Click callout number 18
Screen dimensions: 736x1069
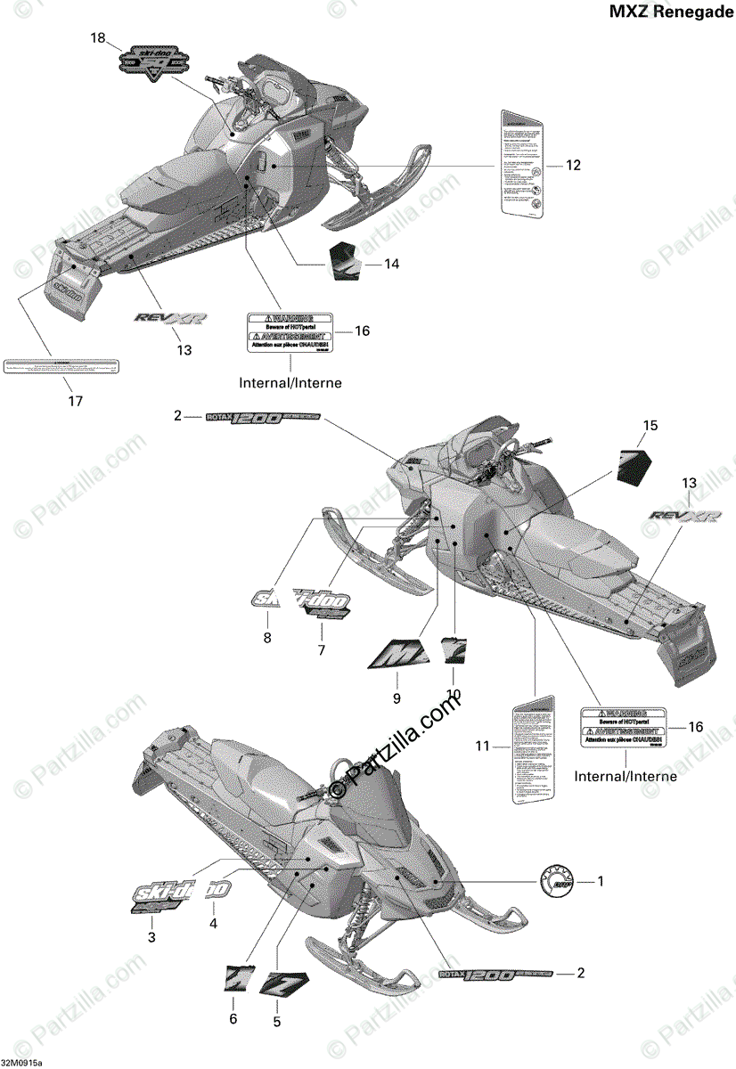point(97,37)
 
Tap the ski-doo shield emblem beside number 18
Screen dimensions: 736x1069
point(156,61)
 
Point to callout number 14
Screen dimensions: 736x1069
point(391,264)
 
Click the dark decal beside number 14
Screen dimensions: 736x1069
point(345,258)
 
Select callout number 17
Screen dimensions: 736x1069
point(75,402)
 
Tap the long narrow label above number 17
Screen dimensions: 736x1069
point(61,366)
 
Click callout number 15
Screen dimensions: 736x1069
point(650,426)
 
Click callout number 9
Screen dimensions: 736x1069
point(397,698)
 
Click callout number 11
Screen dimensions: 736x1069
point(482,747)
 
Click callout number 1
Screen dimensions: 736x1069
point(600,882)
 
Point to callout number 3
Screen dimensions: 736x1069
point(151,936)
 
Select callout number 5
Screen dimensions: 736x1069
point(277,1021)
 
